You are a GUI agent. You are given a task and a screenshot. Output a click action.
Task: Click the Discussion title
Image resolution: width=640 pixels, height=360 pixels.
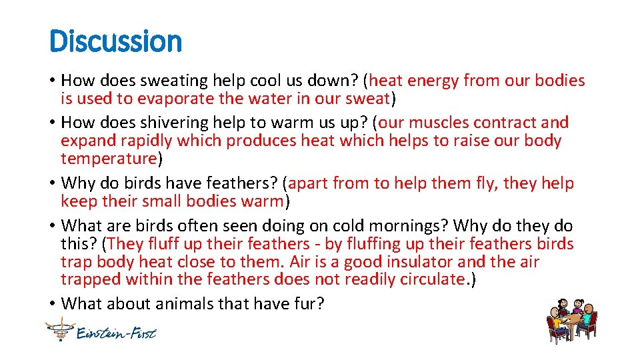coord(115,41)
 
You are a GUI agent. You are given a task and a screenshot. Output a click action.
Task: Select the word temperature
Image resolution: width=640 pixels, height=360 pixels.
coord(108,159)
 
